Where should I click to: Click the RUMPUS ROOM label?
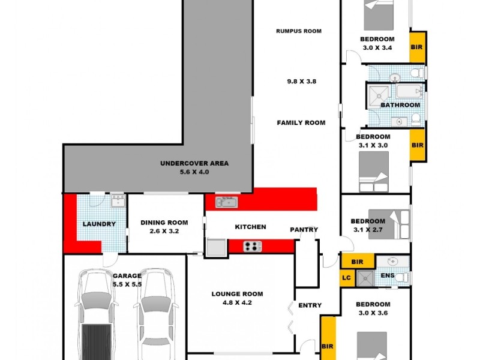point(299,31)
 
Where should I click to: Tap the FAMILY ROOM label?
point(301,123)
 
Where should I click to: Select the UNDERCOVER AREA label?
point(194,163)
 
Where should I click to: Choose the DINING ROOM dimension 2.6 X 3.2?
point(160,230)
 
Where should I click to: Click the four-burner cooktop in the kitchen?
point(253,246)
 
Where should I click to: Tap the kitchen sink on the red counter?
point(227,202)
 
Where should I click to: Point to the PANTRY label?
point(304,230)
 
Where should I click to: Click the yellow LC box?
point(346,277)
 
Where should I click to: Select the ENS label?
point(388,276)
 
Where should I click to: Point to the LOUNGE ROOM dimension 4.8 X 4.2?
point(237,303)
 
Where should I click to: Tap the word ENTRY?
point(310,306)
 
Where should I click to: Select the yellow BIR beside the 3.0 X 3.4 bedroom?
point(418,47)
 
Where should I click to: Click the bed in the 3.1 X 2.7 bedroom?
point(385,224)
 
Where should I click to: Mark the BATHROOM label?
point(400,105)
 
